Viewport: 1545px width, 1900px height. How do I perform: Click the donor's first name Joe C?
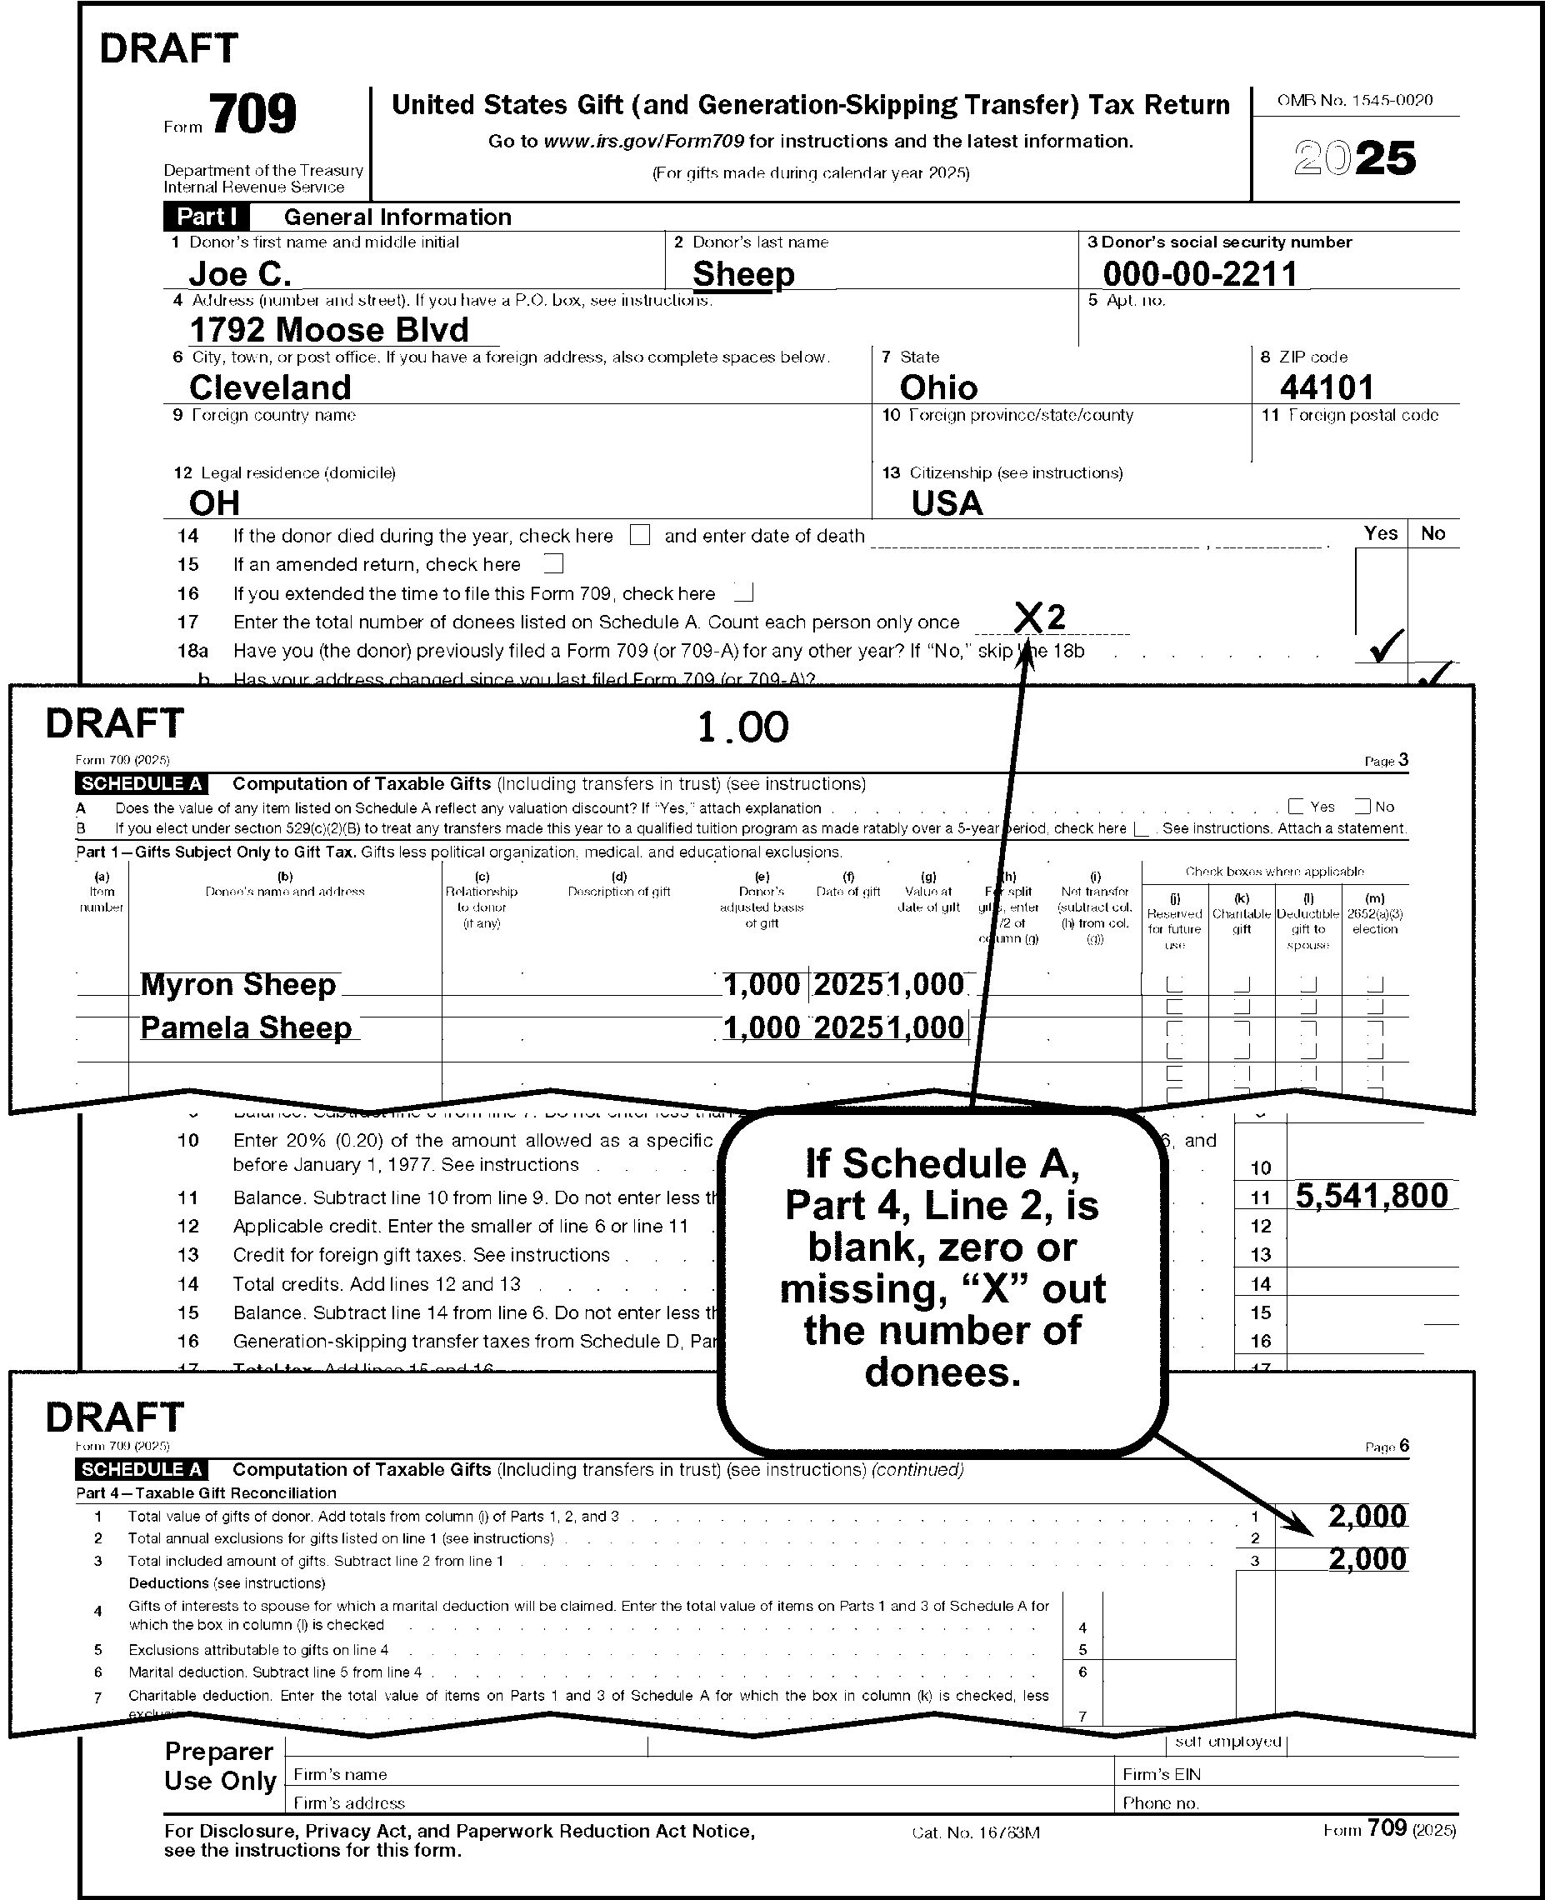point(240,273)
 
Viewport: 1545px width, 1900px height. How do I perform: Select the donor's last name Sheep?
point(743,273)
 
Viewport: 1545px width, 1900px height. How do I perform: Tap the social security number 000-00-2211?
point(1200,273)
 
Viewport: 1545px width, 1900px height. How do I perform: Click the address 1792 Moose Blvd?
point(328,330)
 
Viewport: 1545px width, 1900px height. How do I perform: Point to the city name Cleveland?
point(271,387)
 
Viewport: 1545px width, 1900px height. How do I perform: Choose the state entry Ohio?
point(938,387)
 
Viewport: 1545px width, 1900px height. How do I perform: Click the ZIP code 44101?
point(1327,387)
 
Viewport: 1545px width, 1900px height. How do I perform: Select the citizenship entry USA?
point(947,503)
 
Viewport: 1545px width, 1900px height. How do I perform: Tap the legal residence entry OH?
point(214,503)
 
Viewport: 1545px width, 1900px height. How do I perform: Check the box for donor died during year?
point(639,535)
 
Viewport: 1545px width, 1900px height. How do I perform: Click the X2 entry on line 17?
point(1039,617)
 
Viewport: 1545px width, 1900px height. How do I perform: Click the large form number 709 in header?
point(253,115)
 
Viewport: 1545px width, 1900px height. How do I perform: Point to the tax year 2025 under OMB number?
point(1354,158)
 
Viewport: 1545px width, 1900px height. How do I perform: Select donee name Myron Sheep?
point(238,984)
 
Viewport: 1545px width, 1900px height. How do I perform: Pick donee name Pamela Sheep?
point(246,1027)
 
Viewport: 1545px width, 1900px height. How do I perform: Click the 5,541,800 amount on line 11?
point(1372,1195)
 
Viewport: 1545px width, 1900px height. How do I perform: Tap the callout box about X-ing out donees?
point(942,1268)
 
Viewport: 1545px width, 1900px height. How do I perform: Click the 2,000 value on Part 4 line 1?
point(1367,1516)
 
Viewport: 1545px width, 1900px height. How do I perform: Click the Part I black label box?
point(207,217)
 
